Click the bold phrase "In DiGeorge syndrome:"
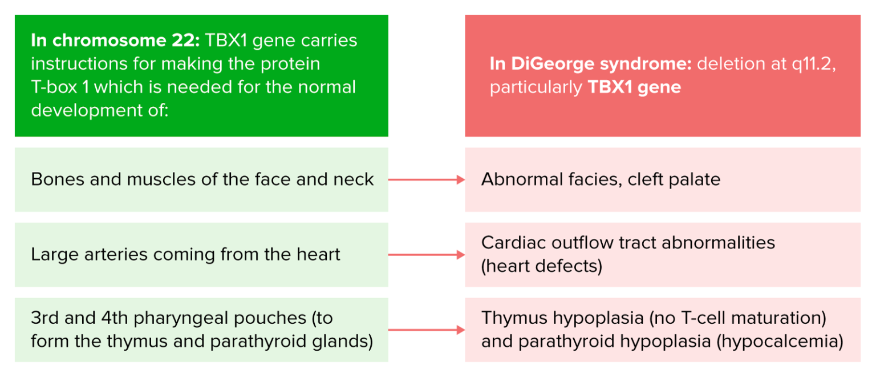(x=590, y=63)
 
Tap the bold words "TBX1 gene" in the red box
(x=634, y=87)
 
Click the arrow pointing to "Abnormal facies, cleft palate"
(x=427, y=180)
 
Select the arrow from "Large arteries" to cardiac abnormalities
(x=427, y=255)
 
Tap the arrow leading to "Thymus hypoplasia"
(x=427, y=330)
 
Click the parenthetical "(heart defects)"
(x=542, y=267)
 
